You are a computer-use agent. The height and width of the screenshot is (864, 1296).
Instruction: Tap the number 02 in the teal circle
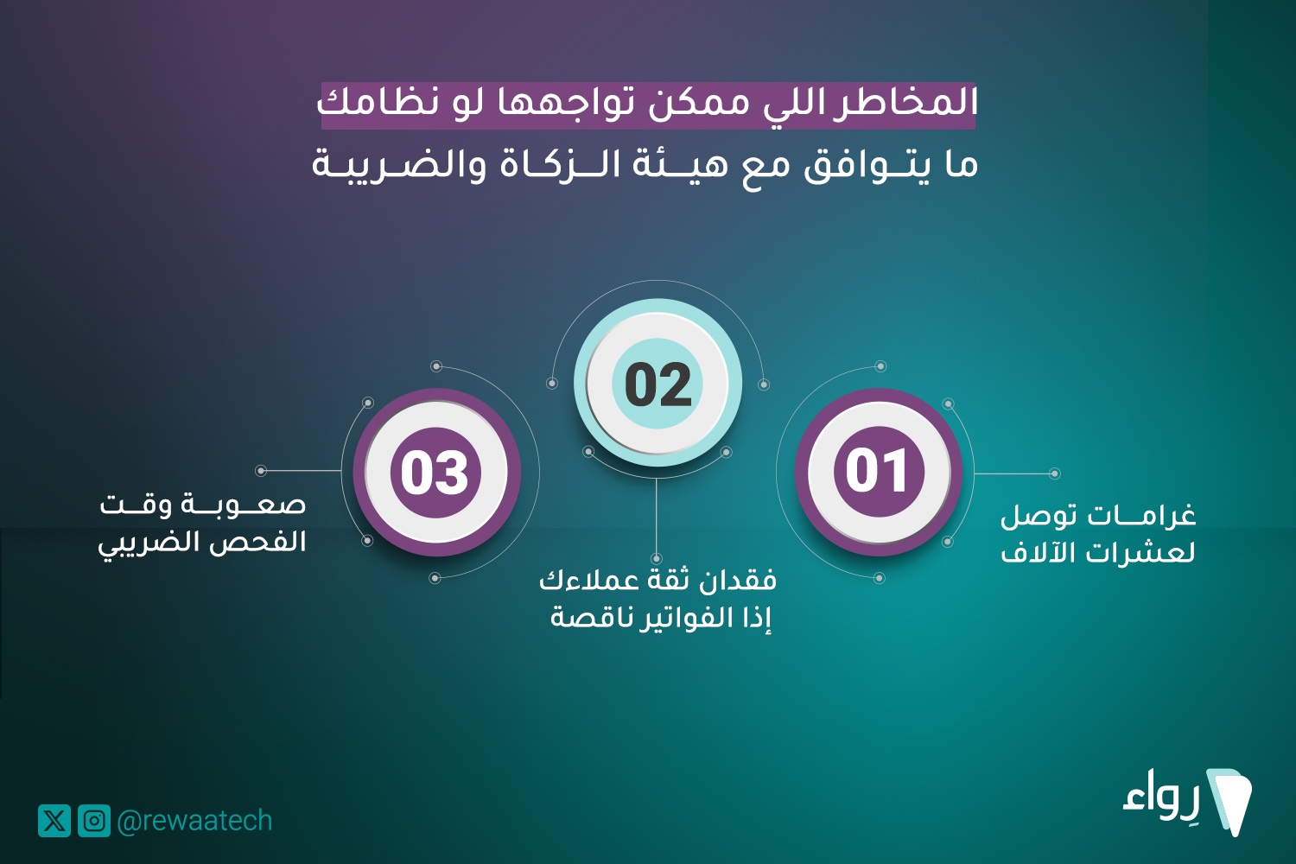(x=658, y=384)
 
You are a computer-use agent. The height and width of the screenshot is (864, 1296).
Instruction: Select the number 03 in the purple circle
(x=435, y=473)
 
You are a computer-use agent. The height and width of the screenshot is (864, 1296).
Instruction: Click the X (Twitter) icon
(x=54, y=821)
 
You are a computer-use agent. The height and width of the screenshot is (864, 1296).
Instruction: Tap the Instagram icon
(x=94, y=821)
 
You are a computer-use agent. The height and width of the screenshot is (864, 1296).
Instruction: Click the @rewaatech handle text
(x=194, y=821)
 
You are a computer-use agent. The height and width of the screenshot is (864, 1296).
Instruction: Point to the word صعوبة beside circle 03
(x=243, y=505)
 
